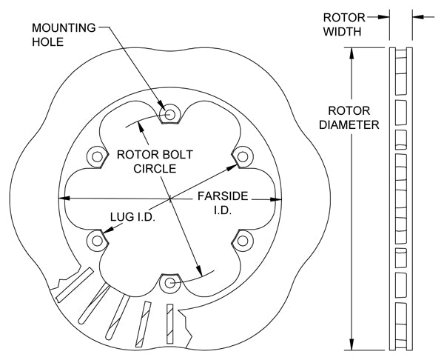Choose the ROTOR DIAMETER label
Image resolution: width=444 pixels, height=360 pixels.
(349, 119)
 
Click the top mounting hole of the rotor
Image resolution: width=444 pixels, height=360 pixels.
(171, 114)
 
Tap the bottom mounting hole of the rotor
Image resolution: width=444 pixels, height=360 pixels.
(171, 283)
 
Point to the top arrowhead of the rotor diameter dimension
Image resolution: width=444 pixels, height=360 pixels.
(351, 52)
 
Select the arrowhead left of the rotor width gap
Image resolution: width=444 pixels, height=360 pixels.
(384, 14)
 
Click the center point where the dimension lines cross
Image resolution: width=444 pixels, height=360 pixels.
(171, 199)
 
